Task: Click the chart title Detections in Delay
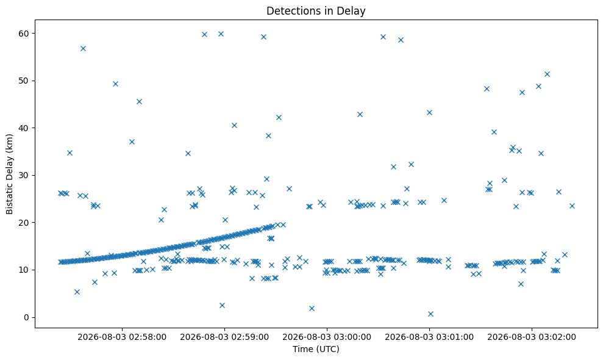point(316,11)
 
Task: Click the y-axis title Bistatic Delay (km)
point(9,174)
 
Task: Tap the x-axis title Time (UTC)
point(316,349)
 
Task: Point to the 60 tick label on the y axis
point(24,34)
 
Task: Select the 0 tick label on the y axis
point(27,318)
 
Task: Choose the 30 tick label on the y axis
point(24,176)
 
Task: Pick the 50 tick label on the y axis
point(24,81)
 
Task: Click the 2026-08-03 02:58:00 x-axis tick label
point(122,337)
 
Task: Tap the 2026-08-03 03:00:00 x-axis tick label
point(327,337)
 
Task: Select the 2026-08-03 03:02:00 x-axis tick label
point(532,337)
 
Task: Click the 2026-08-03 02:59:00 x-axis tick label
point(224,337)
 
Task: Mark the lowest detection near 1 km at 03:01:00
point(430,314)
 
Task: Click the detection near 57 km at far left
point(83,49)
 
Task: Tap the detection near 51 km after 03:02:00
point(548,74)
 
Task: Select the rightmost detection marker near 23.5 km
point(573,206)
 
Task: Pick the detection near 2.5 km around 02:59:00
point(222,305)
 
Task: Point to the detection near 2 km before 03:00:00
point(312,308)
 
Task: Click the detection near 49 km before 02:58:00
point(115,84)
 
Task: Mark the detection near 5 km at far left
point(77,292)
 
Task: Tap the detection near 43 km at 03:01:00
point(430,112)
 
